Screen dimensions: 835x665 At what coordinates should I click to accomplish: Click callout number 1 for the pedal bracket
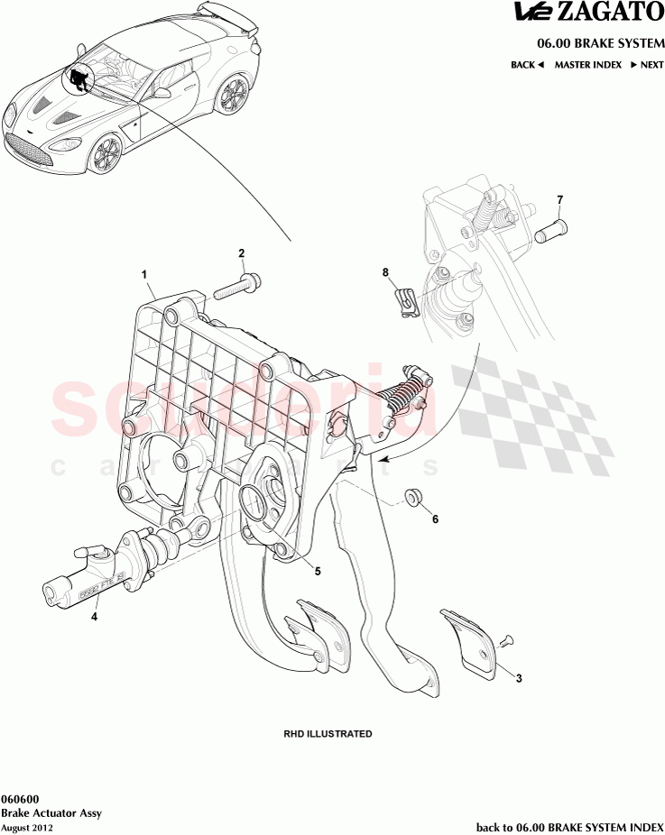[143, 272]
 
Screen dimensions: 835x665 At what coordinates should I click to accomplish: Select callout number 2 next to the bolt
[241, 252]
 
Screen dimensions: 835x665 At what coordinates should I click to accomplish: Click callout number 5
[317, 570]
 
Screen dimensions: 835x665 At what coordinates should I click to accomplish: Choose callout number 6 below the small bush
[435, 519]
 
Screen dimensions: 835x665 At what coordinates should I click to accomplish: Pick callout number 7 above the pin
[559, 199]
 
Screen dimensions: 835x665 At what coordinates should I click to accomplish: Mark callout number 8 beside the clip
[385, 271]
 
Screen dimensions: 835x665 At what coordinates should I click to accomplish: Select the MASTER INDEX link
[587, 65]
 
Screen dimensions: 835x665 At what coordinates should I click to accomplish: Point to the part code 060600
[19, 799]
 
